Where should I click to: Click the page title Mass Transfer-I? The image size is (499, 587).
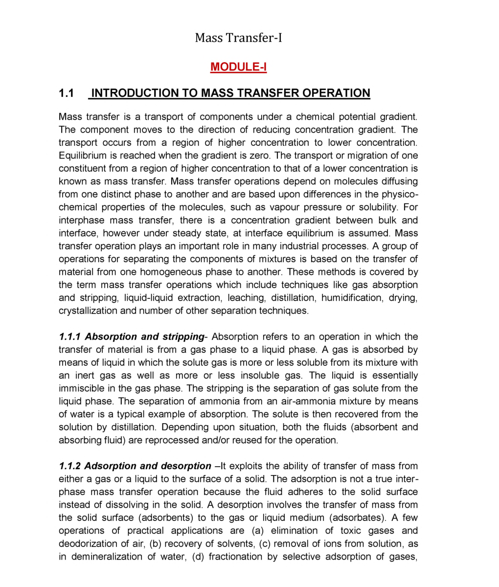[238, 38]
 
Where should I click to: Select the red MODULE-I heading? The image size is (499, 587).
[238, 67]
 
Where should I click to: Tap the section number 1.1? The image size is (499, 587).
[66, 93]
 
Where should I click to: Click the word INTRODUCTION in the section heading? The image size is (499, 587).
[135, 93]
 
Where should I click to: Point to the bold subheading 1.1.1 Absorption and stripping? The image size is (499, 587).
[131, 337]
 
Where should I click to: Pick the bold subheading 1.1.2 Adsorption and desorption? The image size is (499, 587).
[135, 466]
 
